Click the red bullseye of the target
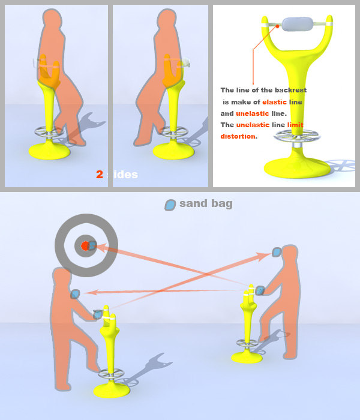(85, 246)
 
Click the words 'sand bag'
(206, 203)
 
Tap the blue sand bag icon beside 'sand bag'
(170, 205)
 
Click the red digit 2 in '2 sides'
(100, 175)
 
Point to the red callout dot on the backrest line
(277, 26)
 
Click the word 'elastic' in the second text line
(274, 102)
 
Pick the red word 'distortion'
(238, 136)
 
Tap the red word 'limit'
(295, 125)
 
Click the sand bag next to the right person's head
(277, 252)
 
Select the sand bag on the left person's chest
(75, 294)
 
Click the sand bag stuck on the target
(92, 245)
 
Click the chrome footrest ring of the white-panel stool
(297, 135)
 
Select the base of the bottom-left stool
(112, 390)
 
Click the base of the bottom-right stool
(247, 357)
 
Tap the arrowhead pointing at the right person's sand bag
(265, 256)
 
